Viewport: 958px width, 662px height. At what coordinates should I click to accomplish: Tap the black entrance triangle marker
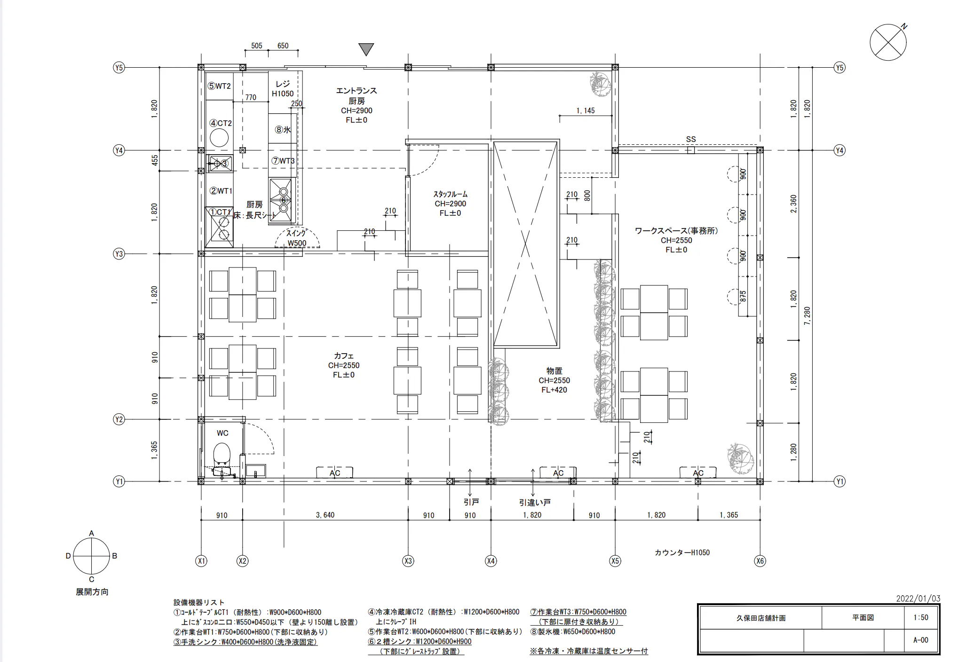coord(366,49)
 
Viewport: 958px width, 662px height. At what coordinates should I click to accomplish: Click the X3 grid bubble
coord(408,560)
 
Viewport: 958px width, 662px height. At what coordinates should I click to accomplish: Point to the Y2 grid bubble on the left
coord(119,419)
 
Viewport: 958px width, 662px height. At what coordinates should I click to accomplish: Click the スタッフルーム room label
coord(450,194)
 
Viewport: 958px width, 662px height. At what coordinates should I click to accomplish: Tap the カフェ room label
coord(344,356)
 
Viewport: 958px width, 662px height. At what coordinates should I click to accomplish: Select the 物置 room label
coord(554,371)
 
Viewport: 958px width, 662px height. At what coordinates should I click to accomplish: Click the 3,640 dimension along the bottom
coord(325,515)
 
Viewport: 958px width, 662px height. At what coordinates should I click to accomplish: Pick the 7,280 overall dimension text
coord(808,316)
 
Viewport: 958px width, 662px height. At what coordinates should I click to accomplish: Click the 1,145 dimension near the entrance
coord(586,110)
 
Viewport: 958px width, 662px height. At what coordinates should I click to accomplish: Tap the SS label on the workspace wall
coord(690,139)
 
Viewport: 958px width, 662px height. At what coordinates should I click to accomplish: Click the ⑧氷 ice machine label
coord(283,130)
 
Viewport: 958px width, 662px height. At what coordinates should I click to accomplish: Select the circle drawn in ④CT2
coord(219,138)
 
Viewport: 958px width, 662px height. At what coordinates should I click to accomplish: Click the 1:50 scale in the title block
coord(921,617)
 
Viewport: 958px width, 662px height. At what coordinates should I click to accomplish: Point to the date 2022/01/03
coord(918,599)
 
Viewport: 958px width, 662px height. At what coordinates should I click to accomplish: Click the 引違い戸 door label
coord(535,502)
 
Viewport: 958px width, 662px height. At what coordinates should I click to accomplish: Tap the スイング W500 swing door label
coord(297,238)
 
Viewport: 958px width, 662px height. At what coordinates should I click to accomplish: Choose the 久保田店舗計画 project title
coord(761,618)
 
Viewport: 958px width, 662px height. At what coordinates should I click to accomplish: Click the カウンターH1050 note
coord(682,552)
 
